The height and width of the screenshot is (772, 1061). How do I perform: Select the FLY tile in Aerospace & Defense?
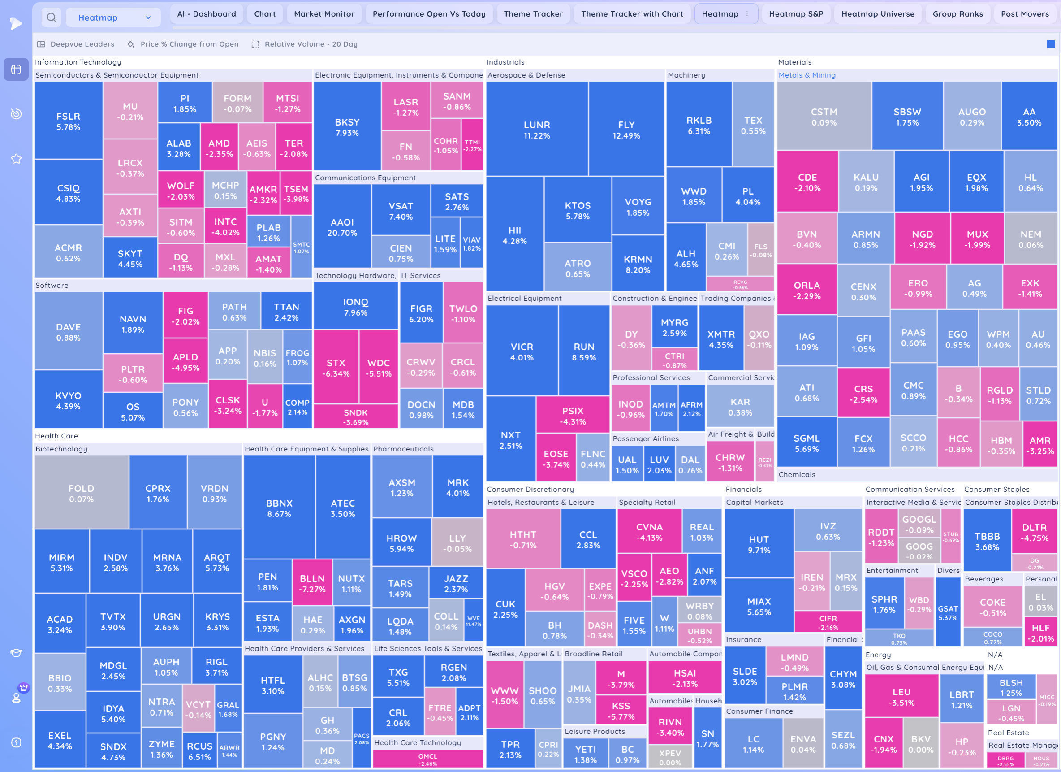point(626,130)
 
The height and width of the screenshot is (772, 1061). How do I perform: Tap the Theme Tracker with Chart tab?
point(632,14)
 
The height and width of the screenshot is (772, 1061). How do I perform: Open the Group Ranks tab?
point(957,14)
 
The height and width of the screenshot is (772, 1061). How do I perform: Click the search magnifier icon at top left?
point(52,18)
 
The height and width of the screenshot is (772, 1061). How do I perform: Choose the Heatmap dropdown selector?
point(113,18)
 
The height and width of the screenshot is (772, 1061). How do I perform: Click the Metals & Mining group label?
point(807,75)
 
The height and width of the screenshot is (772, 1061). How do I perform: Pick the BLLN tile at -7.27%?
point(312,583)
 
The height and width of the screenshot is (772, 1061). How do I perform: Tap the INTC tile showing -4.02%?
point(225,226)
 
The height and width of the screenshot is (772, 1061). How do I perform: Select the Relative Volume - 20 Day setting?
point(311,44)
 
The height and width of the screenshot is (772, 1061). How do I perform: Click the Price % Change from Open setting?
point(189,44)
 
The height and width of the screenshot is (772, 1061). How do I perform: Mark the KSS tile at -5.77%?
point(621,711)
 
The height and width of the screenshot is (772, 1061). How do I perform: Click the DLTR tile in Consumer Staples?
point(1034,532)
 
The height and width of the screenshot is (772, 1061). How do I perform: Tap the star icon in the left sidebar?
point(17,159)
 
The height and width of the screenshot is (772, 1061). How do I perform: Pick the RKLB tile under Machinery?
point(699,125)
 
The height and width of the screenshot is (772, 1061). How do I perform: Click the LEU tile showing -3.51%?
point(901,697)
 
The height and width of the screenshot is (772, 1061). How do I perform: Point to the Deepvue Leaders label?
point(82,44)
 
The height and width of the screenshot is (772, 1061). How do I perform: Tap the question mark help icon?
point(17,742)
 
